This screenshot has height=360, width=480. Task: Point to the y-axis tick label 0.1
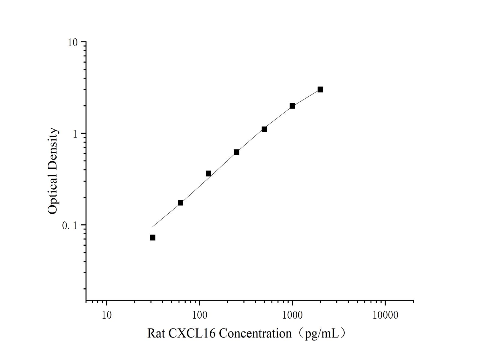coord(70,226)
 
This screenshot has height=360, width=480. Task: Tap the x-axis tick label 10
coord(106,315)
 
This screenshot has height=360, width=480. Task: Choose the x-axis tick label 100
coord(199,315)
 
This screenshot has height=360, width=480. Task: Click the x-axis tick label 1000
coord(292,315)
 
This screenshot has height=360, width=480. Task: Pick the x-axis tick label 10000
coord(385,315)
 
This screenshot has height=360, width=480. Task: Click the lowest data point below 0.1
coord(152,238)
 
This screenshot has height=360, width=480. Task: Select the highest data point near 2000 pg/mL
coord(320,89)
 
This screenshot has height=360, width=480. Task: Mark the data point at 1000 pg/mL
coord(292,106)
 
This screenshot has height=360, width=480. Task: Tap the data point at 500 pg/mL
coord(264,129)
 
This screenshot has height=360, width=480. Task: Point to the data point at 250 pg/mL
coord(236,152)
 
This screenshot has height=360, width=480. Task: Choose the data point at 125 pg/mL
coord(208,173)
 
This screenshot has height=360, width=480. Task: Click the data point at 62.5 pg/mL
coord(181,203)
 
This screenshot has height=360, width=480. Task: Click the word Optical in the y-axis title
coord(52,192)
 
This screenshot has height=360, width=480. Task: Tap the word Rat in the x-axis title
coord(156,333)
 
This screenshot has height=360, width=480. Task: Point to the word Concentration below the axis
coord(255,333)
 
